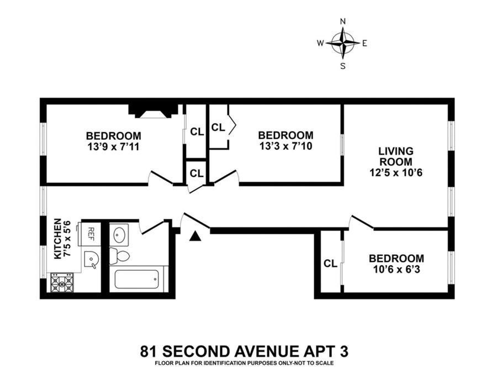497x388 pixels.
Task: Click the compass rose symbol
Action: (343, 43)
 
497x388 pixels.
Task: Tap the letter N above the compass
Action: (343, 22)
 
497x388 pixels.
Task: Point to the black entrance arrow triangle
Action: (194, 236)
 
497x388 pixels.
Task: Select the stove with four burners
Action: (62, 283)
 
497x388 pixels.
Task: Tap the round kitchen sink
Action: (92, 258)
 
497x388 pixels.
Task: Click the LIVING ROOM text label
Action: (395, 156)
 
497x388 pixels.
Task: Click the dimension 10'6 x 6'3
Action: (396, 269)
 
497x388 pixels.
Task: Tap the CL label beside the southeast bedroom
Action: (330, 264)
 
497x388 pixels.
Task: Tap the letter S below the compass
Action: (343, 66)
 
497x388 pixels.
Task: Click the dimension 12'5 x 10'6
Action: (396, 172)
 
